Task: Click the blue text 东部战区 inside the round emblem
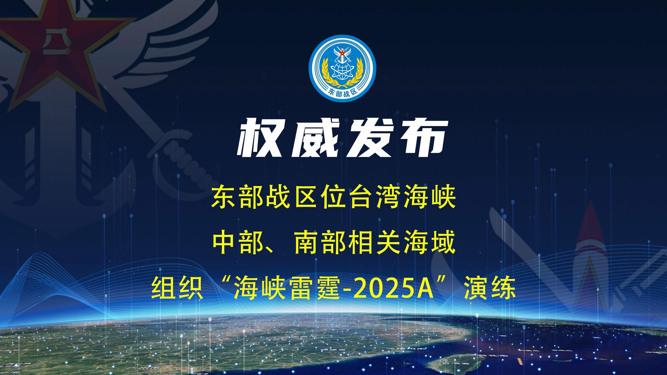[342, 92]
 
